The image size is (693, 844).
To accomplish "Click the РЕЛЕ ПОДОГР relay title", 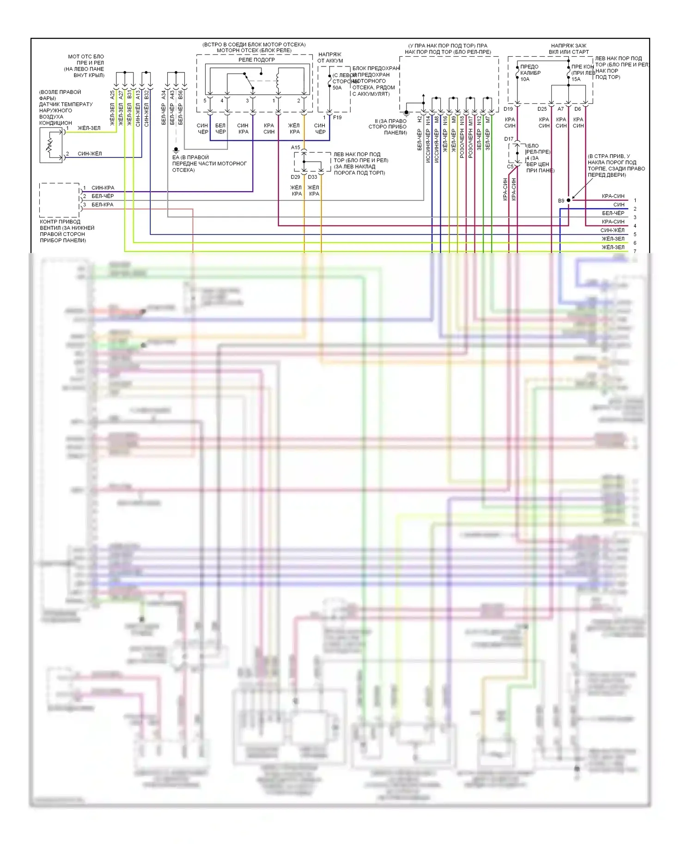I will tap(256, 60).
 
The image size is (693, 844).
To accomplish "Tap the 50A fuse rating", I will tap(337, 88).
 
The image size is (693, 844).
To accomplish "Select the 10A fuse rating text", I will tap(525, 79).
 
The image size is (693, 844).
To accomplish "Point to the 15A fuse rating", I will tap(576, 79).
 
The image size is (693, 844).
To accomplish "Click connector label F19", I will tap(337, 118).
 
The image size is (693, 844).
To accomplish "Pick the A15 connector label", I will tap(295, 148).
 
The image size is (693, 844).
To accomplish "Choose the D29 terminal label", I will tap(295, 177).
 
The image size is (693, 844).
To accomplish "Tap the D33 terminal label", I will tap(313, 177).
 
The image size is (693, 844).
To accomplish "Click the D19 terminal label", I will tap(508, 109).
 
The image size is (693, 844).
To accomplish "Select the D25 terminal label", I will tap(542, 109).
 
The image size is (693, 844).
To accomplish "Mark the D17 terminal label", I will tap(509, 139).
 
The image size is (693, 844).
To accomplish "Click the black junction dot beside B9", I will tap(569, 200).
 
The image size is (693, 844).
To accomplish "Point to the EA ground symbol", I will tap(176, 150).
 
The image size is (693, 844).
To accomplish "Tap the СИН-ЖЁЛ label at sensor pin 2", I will tap(90, 154).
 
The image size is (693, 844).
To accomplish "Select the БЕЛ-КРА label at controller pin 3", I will tap(102, 205).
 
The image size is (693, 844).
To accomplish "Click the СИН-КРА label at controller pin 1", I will tap(103, 188).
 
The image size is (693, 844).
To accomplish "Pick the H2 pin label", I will tap(419, 119).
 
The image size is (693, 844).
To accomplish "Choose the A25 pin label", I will tap(112, 95).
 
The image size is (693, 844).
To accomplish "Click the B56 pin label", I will tap(180, 95).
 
